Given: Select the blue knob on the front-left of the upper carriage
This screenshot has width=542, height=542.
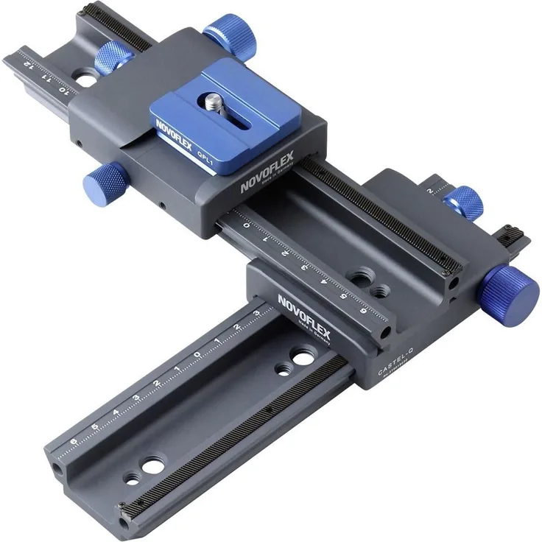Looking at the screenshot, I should point(104,176).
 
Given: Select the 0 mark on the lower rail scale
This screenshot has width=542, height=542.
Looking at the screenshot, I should point(197,355).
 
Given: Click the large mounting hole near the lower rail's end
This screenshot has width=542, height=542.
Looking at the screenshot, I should point(153,465).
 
